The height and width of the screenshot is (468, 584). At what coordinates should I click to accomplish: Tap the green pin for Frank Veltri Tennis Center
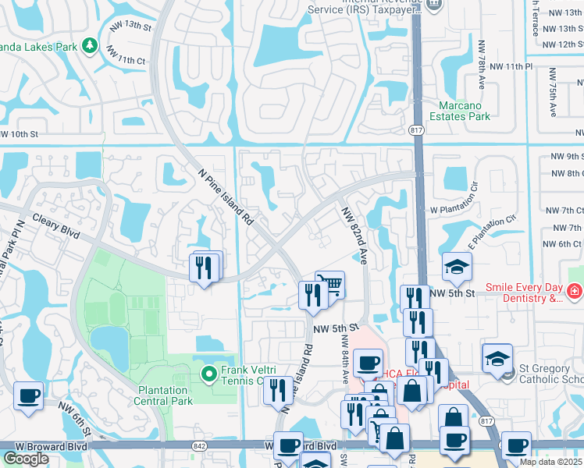[208, 374]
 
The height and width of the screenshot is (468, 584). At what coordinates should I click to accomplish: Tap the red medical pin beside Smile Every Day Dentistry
[575, 292]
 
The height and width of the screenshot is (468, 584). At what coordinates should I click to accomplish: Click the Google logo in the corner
[26, 459]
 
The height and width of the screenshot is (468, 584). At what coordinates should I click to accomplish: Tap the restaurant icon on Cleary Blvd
[205, 268]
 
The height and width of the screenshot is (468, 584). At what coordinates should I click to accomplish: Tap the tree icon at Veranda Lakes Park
[90, 46]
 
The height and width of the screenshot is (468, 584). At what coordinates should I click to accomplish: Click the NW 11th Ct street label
[126, 58]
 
